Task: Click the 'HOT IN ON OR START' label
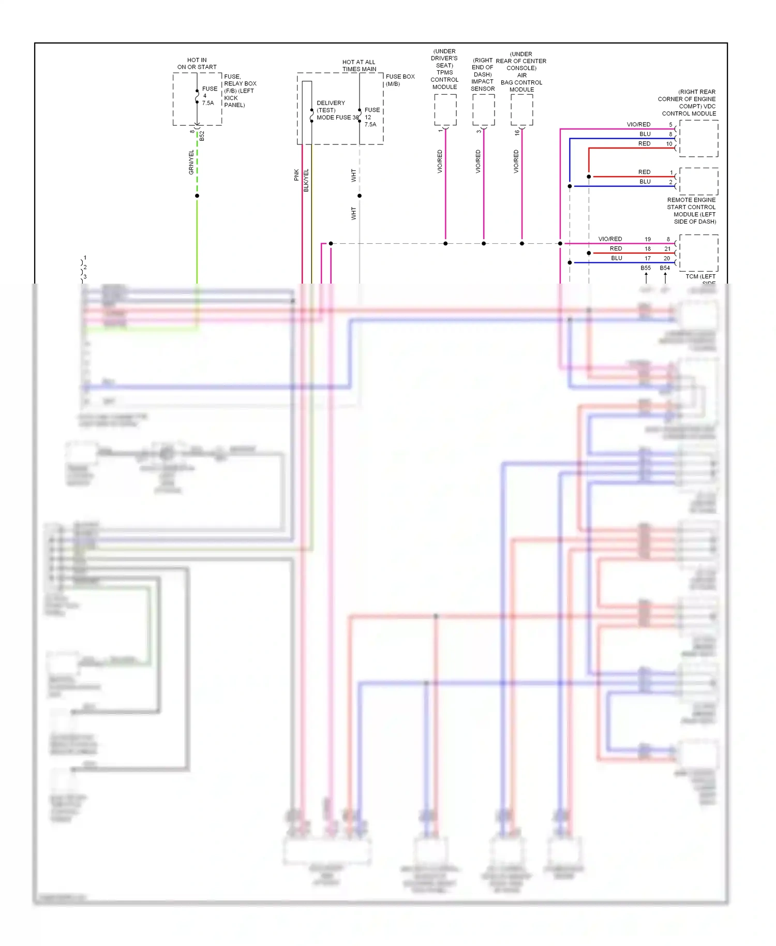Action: (197, 64)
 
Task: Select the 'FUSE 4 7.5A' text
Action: (209, 96)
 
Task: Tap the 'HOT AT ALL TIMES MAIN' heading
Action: (359, 65)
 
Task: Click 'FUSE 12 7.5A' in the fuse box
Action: (371, 117)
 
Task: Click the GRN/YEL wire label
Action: (191, 162)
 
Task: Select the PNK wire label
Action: (296, 175)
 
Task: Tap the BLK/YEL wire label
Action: (306, 180)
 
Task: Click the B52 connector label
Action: (202, 136)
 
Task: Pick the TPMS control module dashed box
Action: (445, 110)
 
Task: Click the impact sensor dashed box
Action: (483, 110)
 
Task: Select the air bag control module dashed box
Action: (521, 110)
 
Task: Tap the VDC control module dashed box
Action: (698, 138)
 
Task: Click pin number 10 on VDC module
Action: (669, 144)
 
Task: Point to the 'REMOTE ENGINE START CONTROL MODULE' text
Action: (692, 211)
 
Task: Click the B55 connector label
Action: (646, 268)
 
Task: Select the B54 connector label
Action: (665, 268)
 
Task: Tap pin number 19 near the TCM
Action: (648, 239)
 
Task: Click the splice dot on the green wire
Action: (197, 196)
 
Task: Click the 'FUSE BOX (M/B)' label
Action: (399, 80)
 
